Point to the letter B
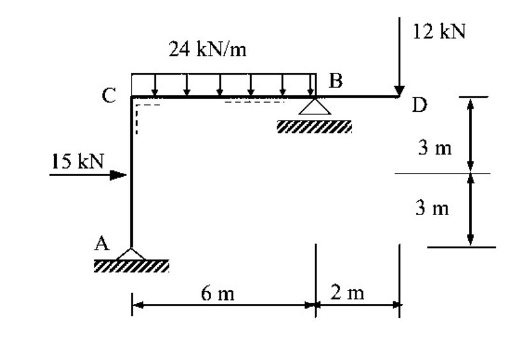click(x=336, y=81)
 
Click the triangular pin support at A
click(x=131, y=253)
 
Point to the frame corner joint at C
click(x=131, y=97)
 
